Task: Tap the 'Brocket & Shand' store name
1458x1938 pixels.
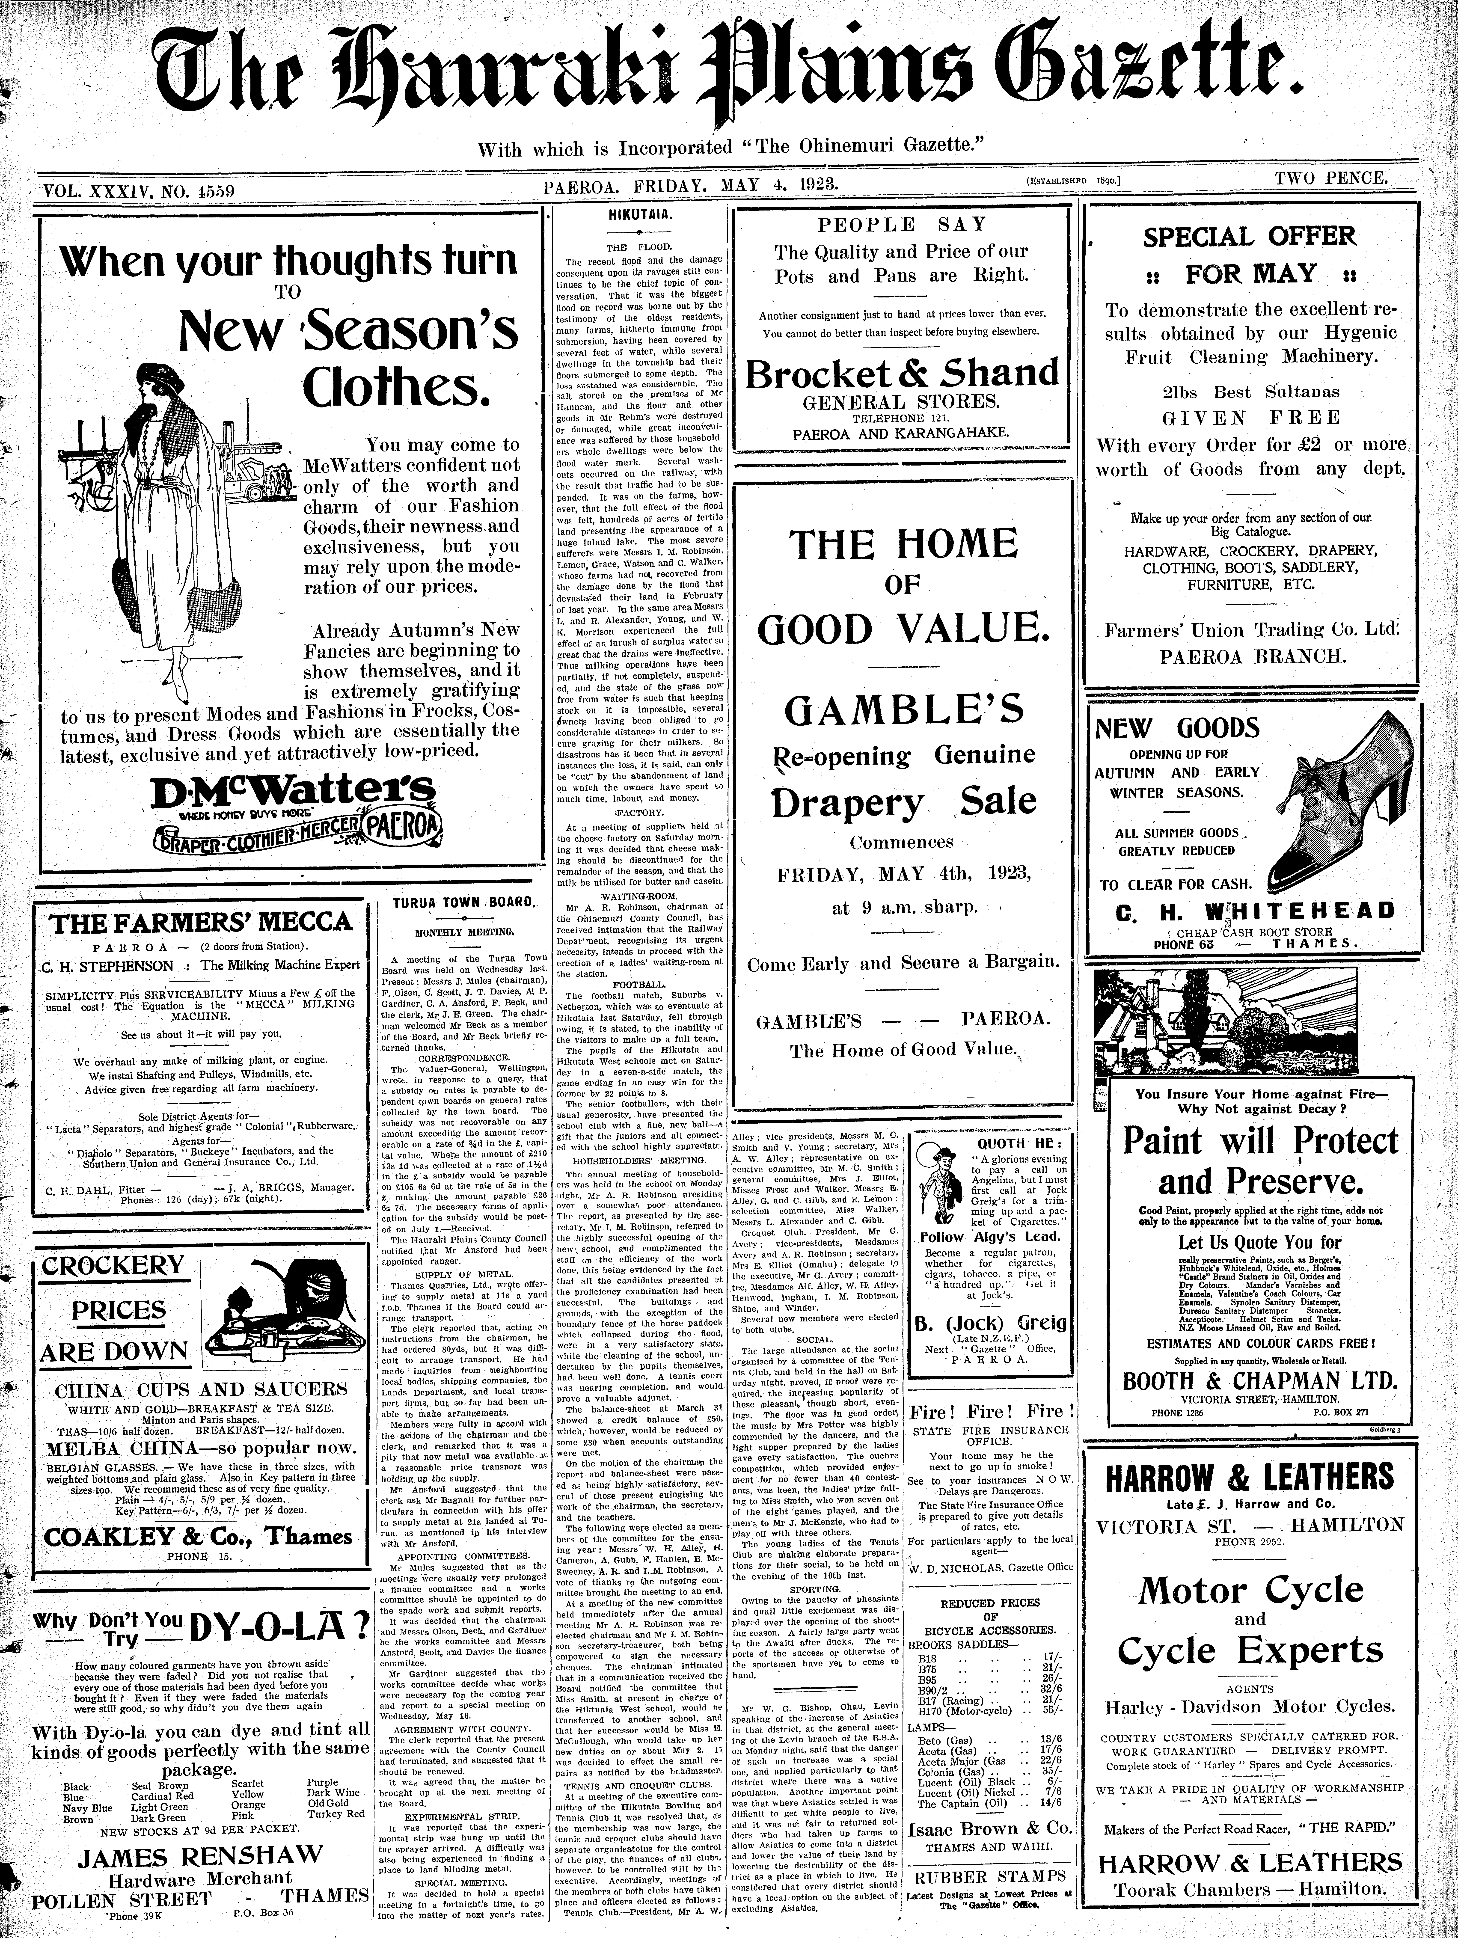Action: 902,374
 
